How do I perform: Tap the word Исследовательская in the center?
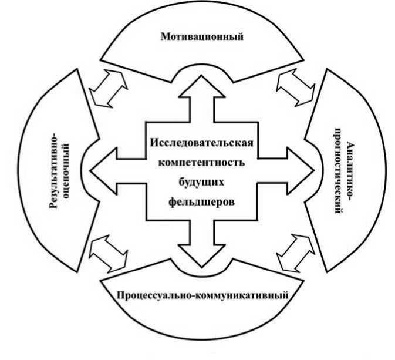point(202,143)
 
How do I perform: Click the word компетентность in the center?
point(202,161)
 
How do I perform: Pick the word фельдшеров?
point(202,200)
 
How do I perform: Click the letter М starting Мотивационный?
point(165,37)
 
